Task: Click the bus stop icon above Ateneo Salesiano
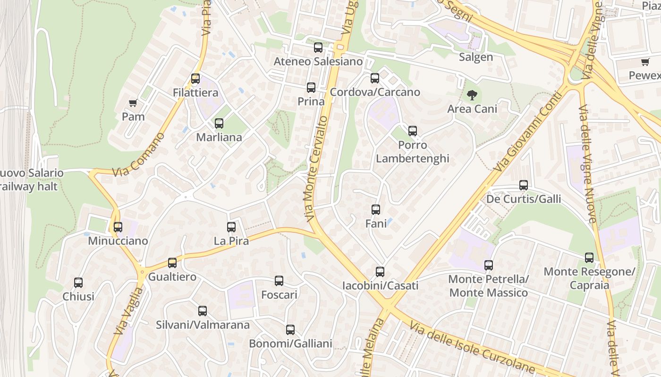point(318,48)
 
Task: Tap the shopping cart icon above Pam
point(133,103)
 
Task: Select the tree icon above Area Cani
point(472,95)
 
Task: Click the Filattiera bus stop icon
point(195,79)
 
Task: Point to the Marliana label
point(219,138)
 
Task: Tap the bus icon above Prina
point(311,88)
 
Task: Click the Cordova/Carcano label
point(375,92)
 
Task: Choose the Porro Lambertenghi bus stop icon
point(413,131)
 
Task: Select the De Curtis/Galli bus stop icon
point(524,185)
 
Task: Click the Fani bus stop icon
point(376,210)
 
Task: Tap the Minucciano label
point(118,241)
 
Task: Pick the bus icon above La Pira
point(231,227)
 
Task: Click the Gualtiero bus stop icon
point(172,263)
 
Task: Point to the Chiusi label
point(78,297)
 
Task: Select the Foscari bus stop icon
point(279,281)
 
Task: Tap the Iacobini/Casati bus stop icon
point(380,272)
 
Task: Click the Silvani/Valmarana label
point(203,325)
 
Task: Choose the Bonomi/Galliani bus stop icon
point(290,330)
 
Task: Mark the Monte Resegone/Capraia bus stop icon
point(589,258)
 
